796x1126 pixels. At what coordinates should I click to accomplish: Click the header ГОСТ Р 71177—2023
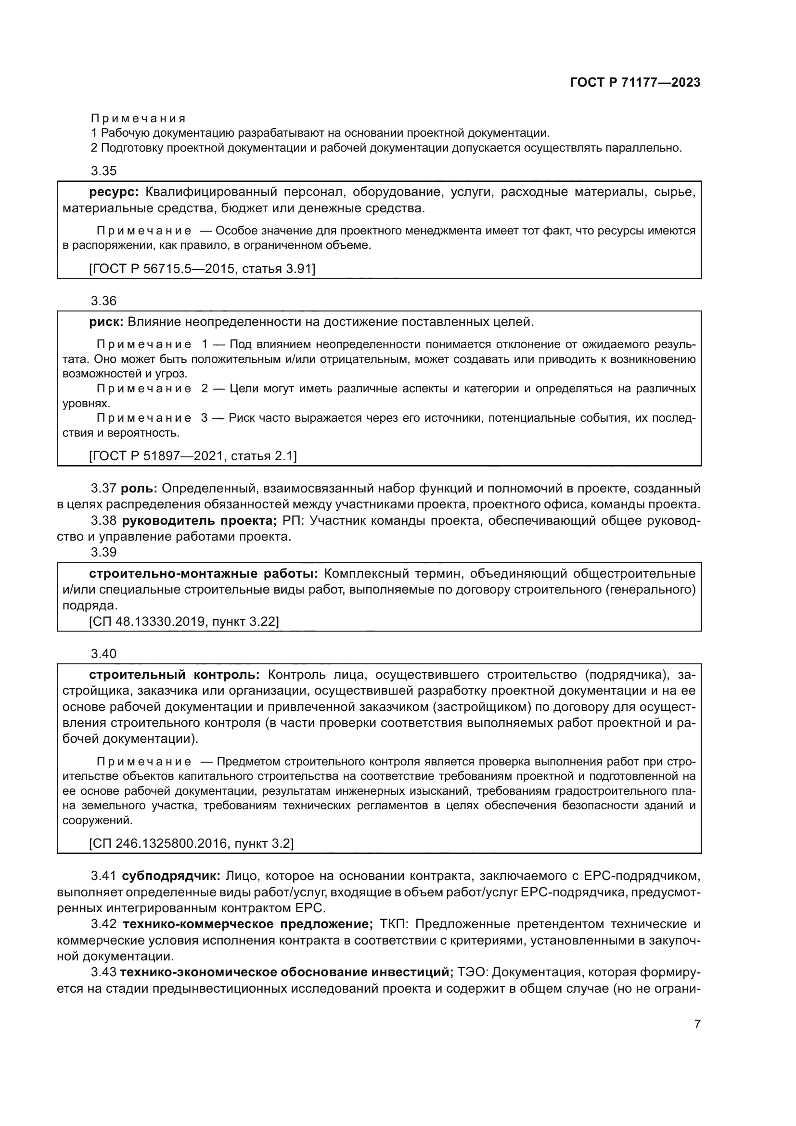click(635, 82)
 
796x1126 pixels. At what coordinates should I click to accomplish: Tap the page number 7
click(697, 1024)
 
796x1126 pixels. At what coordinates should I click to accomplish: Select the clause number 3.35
click(103, 171)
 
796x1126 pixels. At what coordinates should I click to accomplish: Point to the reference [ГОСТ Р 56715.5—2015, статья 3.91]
click(202, 269)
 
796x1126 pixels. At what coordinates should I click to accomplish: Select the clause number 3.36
click(103, 300)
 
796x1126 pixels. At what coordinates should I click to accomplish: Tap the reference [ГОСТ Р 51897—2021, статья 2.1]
click(193, 456)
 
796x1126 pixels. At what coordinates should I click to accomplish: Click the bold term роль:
click(139, 489)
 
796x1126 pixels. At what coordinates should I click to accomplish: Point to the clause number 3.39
click(103, 552)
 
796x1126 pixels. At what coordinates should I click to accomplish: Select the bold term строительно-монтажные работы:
click(204, 574)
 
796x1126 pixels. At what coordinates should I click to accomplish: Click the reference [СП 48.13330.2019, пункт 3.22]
click(184, 622)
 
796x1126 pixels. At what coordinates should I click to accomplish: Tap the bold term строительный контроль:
click(175, 675)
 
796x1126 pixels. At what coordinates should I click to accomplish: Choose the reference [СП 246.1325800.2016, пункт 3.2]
click(191, 843)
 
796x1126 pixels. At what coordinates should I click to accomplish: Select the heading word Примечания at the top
click(138, 119)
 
